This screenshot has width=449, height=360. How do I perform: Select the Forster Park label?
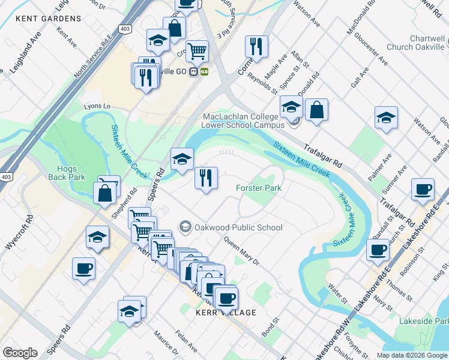259,188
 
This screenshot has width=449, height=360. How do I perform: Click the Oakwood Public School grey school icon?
185,227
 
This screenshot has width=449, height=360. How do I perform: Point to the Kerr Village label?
226,313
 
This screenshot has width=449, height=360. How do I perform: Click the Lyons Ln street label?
98,106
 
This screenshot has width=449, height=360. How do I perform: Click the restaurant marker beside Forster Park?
205,178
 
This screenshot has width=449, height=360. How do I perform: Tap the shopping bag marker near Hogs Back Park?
104,193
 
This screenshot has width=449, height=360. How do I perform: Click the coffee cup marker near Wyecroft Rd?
83,268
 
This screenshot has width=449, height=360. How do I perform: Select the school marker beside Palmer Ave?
386,118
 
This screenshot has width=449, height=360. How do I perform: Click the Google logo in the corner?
20,353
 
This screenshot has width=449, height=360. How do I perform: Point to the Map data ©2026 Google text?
412,355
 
